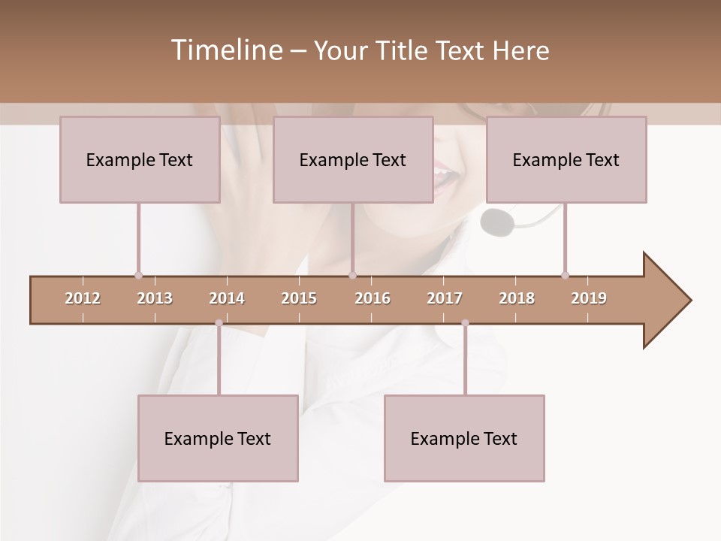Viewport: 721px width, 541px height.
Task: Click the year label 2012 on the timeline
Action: click(x=83, y=298)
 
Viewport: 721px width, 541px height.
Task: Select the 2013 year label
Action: click(x=155, y=298)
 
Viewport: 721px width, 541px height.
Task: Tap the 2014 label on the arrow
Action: click(x=227, y=298)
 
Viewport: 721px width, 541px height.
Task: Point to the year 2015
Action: click(x=299, y=298)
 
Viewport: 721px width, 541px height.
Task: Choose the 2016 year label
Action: click(x=373, y=298)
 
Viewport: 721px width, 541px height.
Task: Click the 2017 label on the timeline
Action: click(x=445, y=298)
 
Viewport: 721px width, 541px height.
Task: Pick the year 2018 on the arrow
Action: click(x=517, y=298)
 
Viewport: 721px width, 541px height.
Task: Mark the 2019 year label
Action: click(x=589, y=298)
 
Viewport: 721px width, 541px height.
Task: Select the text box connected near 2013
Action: click(x=140, y=159)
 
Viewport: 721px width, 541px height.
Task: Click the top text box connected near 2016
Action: click(x=353, y=159)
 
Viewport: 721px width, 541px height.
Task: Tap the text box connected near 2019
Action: click(x=566, y=159)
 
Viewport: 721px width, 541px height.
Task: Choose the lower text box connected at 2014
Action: click(x=218, y=438)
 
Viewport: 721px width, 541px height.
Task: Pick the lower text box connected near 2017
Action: click(x=464, y=438)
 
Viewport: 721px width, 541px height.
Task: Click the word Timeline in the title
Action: click(x=225, y=50)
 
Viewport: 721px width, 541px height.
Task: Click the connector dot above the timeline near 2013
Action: click(x=138, y=275)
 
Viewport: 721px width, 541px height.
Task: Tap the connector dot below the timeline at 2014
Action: click(x=219, y=323)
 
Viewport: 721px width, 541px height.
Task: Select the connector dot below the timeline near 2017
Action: click(x=465, y=323)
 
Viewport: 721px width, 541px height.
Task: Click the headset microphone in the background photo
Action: click(x=497, y=221)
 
